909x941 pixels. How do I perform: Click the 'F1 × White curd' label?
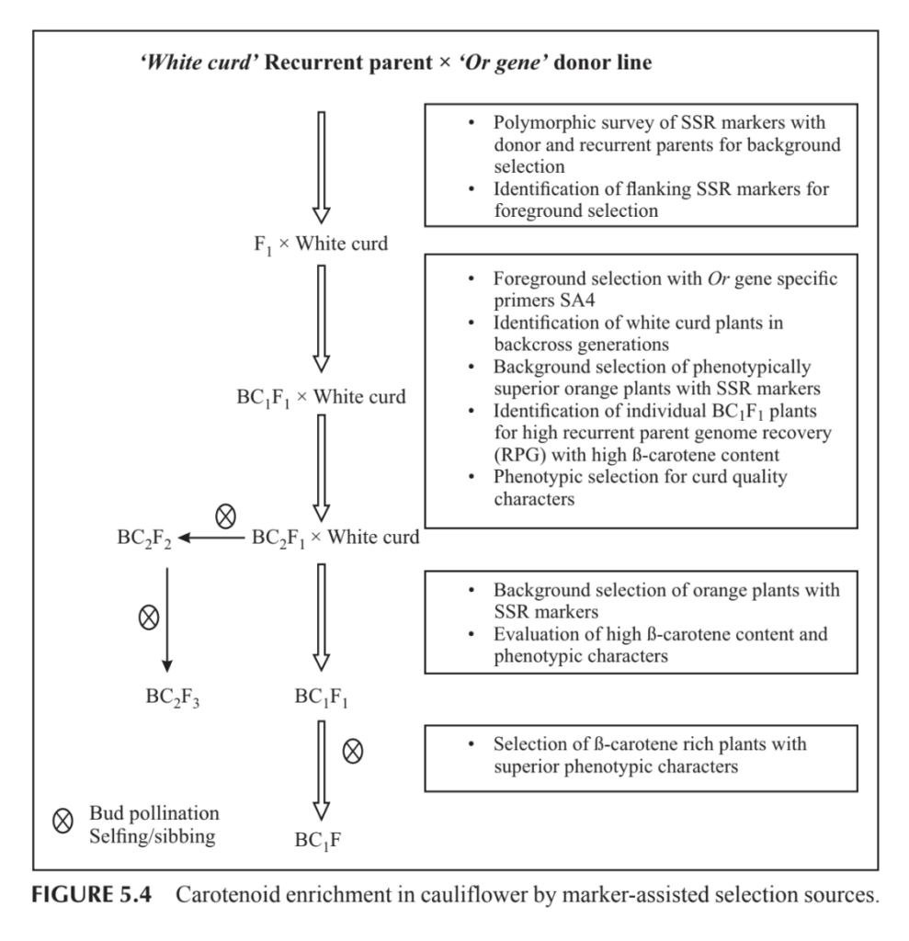309,244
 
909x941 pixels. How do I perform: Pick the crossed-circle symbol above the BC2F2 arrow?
224,517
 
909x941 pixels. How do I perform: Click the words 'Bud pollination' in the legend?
154,814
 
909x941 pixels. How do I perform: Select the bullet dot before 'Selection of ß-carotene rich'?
471,743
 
